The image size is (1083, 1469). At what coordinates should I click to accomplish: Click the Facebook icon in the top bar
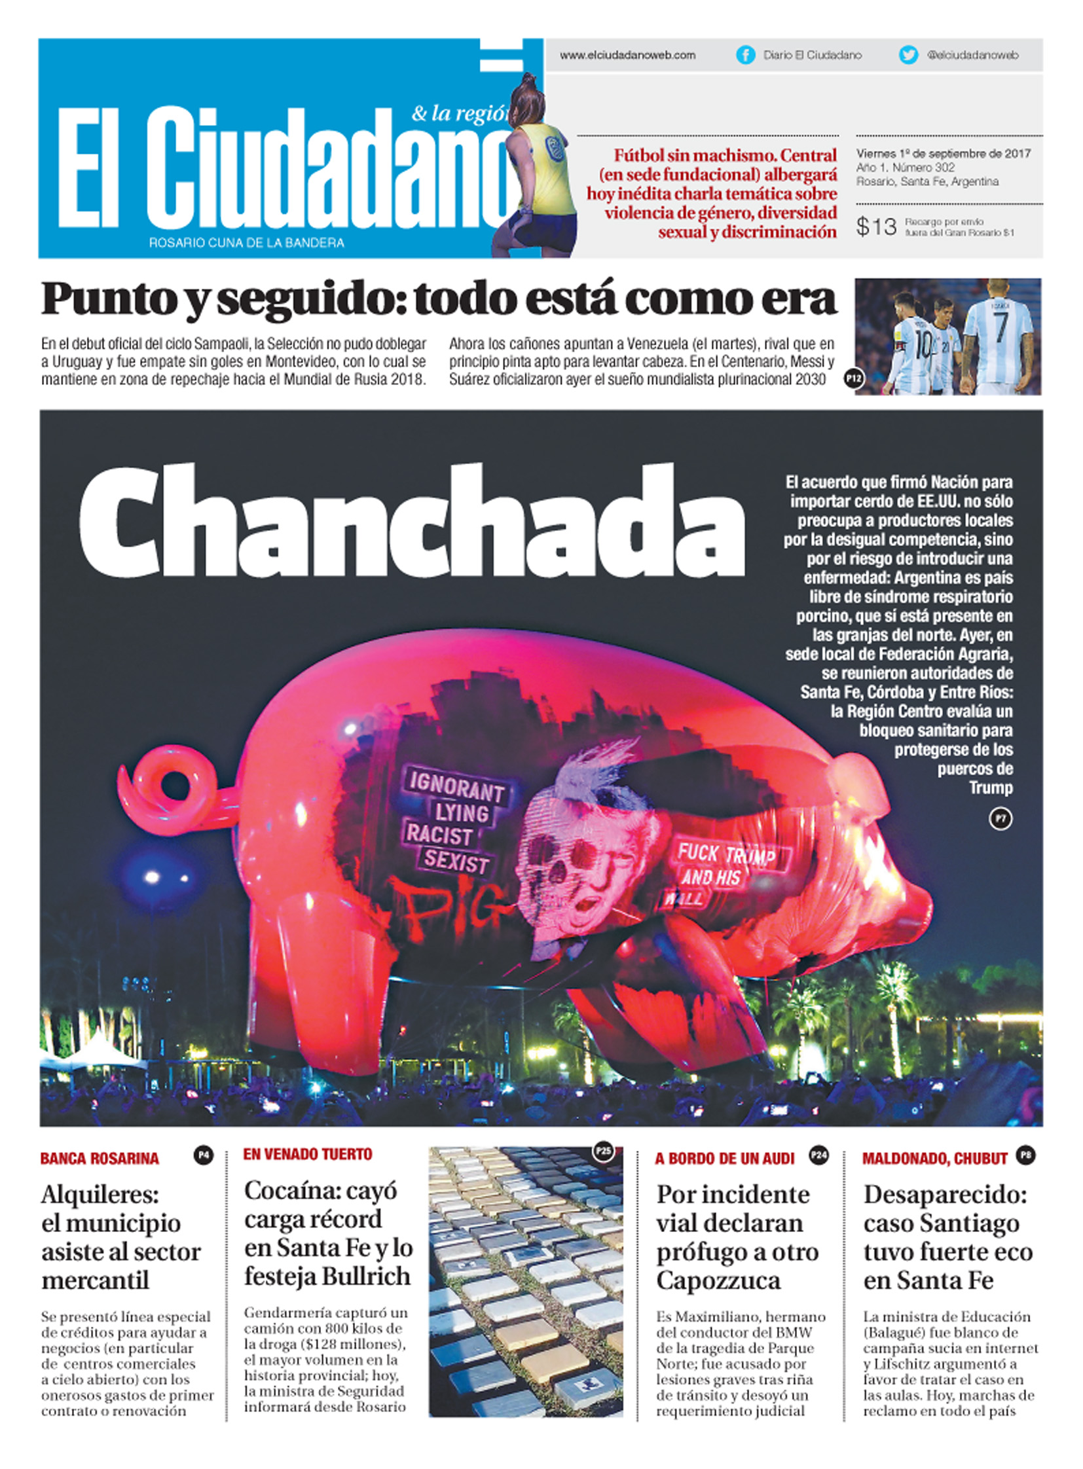tap(745, 55)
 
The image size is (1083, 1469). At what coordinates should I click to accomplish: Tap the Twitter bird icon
tap(908, 55)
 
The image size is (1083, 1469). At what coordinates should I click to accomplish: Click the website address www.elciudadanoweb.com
tap(627, 56)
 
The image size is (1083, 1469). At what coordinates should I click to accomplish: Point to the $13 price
tap(876, 227)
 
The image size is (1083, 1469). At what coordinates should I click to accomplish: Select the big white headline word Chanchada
tap(412, 522)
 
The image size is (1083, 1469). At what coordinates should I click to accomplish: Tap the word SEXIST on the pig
tap(456, 861)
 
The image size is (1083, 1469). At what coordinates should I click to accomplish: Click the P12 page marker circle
tap(854, 378)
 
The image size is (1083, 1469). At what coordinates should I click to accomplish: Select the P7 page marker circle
tap(1000, 819)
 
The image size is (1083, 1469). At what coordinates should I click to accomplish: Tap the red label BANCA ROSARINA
tap(100, 1159)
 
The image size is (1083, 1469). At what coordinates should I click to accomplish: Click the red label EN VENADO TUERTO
tap(308, 1154)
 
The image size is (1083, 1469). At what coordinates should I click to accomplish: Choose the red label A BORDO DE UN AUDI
tap(724, 1159)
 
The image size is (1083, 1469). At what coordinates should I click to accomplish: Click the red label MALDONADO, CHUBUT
tap(934, 1159)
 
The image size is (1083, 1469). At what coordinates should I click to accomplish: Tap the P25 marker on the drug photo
tap(602, 1151)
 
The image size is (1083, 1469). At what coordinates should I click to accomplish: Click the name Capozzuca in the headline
tap(718, 1280)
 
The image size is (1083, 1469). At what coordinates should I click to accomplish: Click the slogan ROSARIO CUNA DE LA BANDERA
tap(246, 243)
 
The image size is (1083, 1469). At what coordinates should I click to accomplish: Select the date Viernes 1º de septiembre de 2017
tap(944, 153)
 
